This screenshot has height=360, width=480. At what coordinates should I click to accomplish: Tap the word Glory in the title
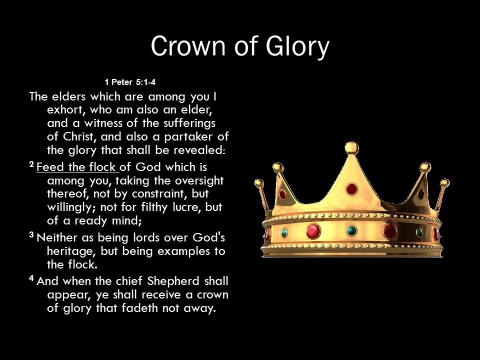pos(297,46)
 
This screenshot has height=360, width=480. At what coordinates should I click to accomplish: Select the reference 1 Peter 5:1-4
pos(130,82)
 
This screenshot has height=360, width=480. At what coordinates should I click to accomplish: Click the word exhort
pos(64,109)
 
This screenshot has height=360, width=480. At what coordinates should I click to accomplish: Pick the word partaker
pos(188,137)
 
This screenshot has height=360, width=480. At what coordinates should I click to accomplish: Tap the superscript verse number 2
pos(31,164)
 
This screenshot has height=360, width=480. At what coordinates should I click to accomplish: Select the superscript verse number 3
pos(31,235)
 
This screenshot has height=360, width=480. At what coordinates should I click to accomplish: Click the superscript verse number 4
pos(31,278)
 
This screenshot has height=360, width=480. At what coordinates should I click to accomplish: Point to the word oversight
pos(199,181)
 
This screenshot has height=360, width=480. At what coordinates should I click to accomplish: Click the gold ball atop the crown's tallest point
pos(351,148)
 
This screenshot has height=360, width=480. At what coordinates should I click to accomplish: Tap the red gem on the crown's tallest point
pos(351,189)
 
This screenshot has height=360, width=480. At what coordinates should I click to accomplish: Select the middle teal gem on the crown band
pos(351,230)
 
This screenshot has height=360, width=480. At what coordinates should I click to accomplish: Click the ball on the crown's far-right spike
pos(445,183)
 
